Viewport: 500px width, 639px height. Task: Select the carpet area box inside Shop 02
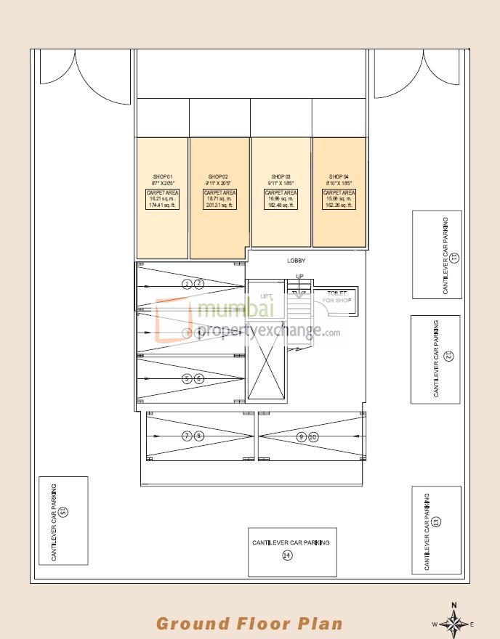tap(219, 199)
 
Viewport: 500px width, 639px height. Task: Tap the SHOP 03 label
tap(281, 177)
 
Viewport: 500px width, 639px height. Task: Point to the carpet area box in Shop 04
tap(339, 199)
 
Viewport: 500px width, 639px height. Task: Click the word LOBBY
tap(297, 261)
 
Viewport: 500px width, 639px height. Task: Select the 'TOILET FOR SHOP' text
tap(336, 296)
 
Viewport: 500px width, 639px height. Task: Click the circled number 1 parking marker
tap(187, 284)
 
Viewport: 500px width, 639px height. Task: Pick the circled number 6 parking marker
tap(199, 378)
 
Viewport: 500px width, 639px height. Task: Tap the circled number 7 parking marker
tap(187, 436)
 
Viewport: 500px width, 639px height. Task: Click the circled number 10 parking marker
tap(313, 436)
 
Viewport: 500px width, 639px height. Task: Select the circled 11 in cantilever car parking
tap(454, 257)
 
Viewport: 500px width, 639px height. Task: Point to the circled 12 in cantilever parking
tap(448, 356)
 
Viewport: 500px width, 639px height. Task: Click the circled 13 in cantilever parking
tap(436, 521)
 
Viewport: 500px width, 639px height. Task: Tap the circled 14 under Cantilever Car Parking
tap(287, 555)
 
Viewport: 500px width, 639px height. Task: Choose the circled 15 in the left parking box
tap(63, 512)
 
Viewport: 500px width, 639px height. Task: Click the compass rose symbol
tap(453, 623)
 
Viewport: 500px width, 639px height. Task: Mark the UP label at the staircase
tap(299, 276)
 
